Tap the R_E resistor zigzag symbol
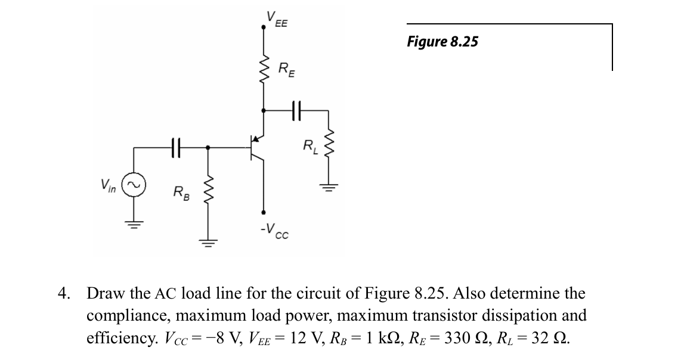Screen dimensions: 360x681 pos(264,70)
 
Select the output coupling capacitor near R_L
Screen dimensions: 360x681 pos(296,110)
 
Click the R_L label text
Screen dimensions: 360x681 pos(310,145)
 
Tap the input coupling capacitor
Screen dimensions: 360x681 pos(174,146)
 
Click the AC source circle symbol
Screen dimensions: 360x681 pos(133,185)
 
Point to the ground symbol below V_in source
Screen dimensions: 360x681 pos(133,224)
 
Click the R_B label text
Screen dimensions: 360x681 pos(180,193)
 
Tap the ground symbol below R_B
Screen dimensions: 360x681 pos(208,242)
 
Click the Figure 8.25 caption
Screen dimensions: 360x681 pos(442,41)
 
